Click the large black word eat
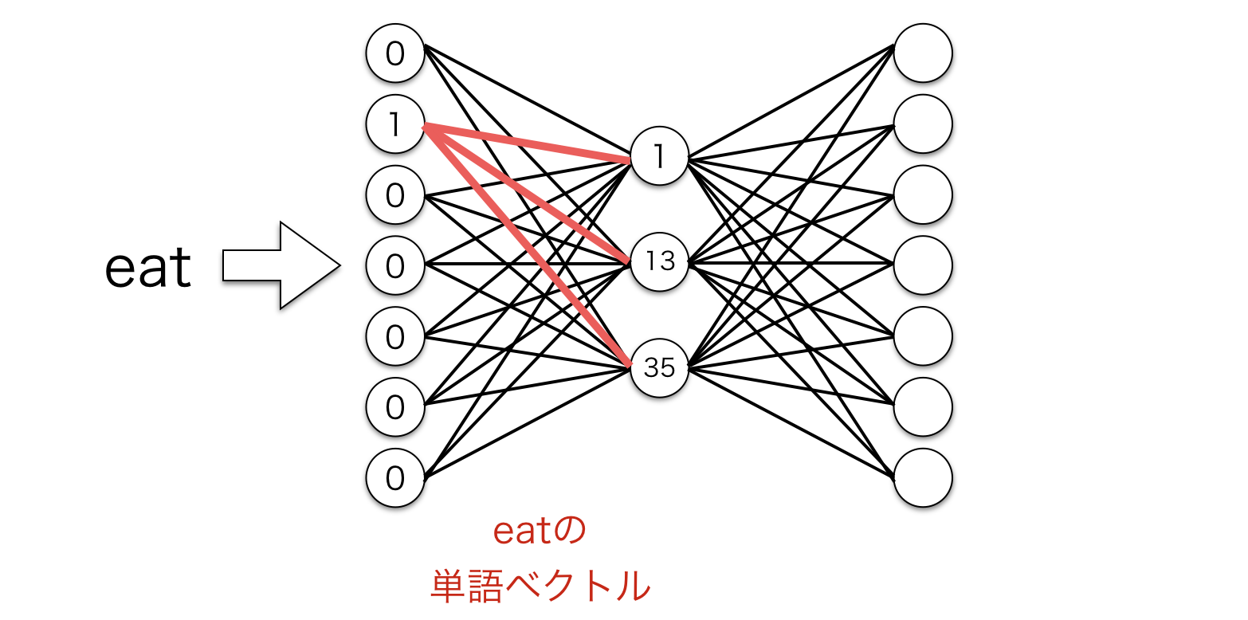point(148,266)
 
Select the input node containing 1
point(394,124)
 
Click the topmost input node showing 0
point(394,53)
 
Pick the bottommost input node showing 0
point(394,478)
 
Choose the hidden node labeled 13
point(659,261)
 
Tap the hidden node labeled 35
point(659,367)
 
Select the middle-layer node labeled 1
point(659,157)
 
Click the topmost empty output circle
point(923,53)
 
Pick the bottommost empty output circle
point(923,478)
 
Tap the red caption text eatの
point(540,532)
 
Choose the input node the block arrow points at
point(394,265)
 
